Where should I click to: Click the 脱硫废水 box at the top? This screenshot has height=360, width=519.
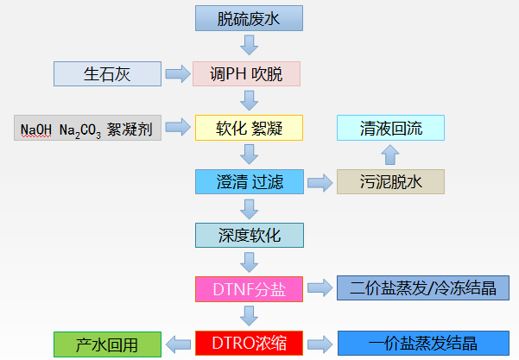pyautogui.click(x=249, y=17)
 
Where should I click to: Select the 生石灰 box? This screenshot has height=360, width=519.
pyautogui.click(x=108, y=74)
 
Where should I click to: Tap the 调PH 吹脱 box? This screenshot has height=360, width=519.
pyautogui.click(x=249, y=74)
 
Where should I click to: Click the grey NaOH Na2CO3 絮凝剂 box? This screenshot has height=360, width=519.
pyautogui.click(x=87, y=129)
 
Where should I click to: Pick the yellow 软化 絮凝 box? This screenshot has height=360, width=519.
pyautogui.click(x=249, y=129)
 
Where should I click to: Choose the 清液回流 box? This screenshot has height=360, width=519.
pyautogui.click(x=390, y=129)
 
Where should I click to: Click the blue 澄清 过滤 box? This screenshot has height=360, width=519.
pyautogui.click(x=249, y=181)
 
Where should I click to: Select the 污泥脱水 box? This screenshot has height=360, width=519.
pyautogui.click(x=390, y=181)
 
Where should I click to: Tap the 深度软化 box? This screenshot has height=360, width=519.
pyautogui.click(x=249, y=234)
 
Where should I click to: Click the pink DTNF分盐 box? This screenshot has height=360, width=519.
pyautogui.click(x=249, y=287)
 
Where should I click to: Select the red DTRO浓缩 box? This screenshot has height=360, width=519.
pyautogui.click(x=249, y=343)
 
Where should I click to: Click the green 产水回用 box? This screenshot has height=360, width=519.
pyautogui.click(x=108, y=343)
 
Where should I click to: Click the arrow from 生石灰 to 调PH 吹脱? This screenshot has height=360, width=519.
pyautogui.click(x=178, y=74)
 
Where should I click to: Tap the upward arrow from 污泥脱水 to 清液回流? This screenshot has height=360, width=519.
pyautogui.click(x=390, y=155)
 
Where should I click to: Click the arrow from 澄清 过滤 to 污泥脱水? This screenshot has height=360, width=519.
pyautogui.click(x=320, y=181)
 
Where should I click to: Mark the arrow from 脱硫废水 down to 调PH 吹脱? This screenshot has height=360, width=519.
pyautogui.click(x=249, y=46)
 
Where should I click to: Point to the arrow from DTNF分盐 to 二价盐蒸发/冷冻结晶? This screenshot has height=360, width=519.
pyautogui.click(x=320, y=287)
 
